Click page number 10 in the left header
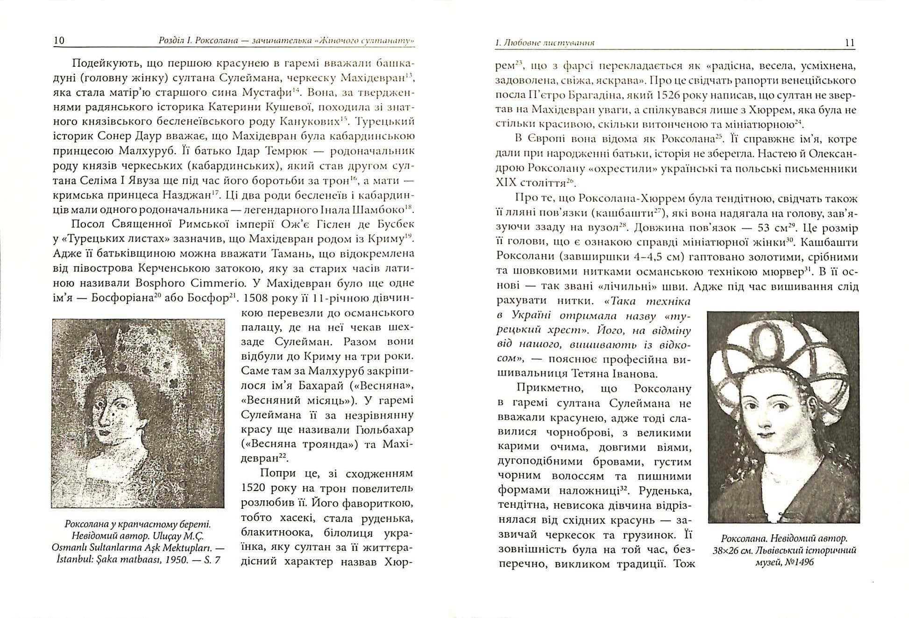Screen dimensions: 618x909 pyautogui.click(x=59, y=41)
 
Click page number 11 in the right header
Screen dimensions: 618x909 pyautogui.click(x=850, y=43)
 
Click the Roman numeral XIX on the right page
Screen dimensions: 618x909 pyautogui.click(x=506, y=183)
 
